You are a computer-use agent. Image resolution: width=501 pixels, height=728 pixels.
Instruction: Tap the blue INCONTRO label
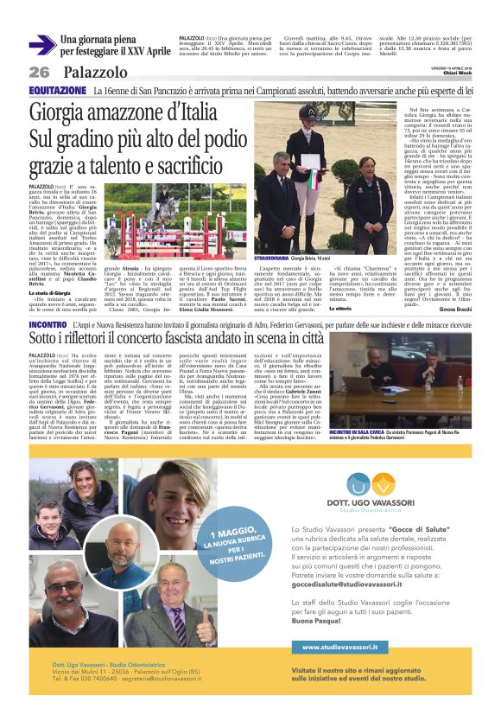(x=48, y=323)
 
